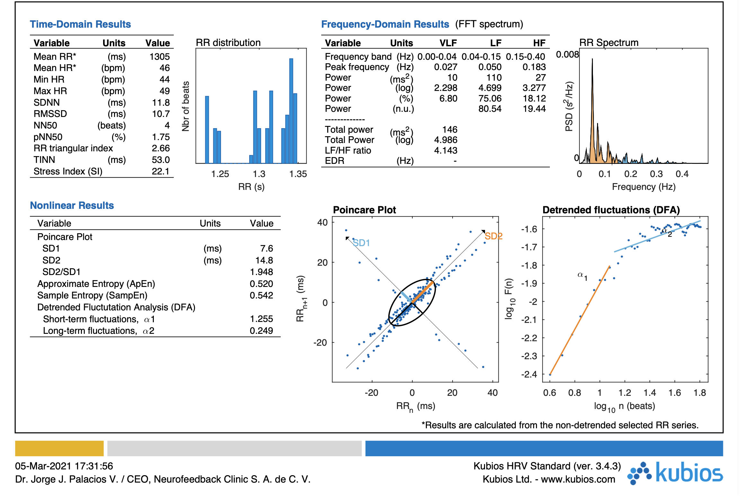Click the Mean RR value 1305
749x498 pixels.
(159, 57)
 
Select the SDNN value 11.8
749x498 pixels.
(161, 102)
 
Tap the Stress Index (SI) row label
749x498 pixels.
(68, 171)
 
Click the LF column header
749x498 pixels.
(496, 43)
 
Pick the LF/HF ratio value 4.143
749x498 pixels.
(445, 150)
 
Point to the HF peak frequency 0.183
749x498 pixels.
(534, 67)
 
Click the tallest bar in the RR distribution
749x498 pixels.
(291, 111)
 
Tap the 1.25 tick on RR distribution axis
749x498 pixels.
(220, 174)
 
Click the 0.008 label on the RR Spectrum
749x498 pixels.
(567, 55)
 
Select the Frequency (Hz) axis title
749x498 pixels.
(643, 187)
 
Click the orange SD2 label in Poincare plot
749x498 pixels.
(493, 236)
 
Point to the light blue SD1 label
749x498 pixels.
(361, 243)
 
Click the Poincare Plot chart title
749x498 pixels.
(364, 210)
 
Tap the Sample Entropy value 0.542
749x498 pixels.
(261, 295)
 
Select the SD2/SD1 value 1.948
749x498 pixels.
(261, 272)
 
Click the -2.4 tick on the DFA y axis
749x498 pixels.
(529, 374)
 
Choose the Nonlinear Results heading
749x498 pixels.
(72, 205)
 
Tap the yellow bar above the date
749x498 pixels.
(59, 448)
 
